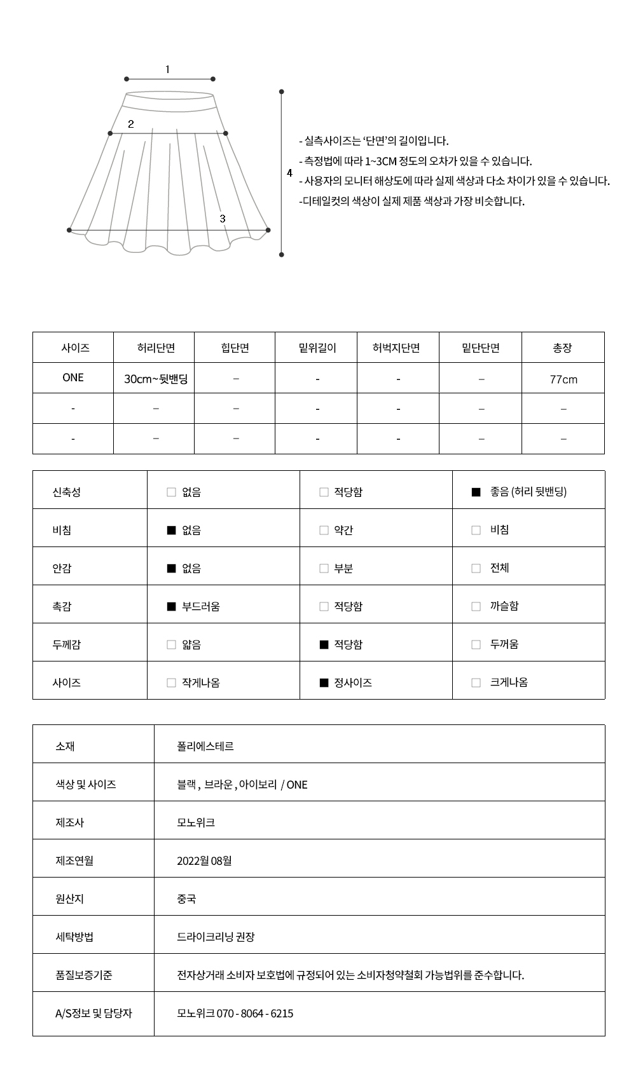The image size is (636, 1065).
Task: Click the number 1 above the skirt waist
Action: [167, 69]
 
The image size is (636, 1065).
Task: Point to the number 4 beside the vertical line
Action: [289, 173]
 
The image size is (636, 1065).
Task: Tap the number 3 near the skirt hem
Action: [223, 218]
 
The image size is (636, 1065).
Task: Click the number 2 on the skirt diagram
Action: [131, 124]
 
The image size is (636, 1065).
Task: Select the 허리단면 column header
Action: [156, 348]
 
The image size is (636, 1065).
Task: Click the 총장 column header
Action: [562, 348]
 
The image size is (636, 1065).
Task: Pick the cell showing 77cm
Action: [563, 379]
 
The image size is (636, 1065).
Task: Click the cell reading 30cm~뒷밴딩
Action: [156, 379]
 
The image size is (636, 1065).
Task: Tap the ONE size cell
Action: [73, 377]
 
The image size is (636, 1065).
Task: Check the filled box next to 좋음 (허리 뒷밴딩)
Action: [476, 492]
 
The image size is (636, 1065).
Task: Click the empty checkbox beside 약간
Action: [324, 530]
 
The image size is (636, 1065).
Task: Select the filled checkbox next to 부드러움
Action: [171, 606]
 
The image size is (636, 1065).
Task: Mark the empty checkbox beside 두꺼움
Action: [476, 644]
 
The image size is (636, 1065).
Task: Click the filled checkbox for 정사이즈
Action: [324, 682]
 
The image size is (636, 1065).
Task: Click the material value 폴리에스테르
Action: [205, 746]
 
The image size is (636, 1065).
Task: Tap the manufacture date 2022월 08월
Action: [204, 860]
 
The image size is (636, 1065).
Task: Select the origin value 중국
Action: [186, 899]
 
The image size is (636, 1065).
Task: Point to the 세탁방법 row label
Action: [74, 937]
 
